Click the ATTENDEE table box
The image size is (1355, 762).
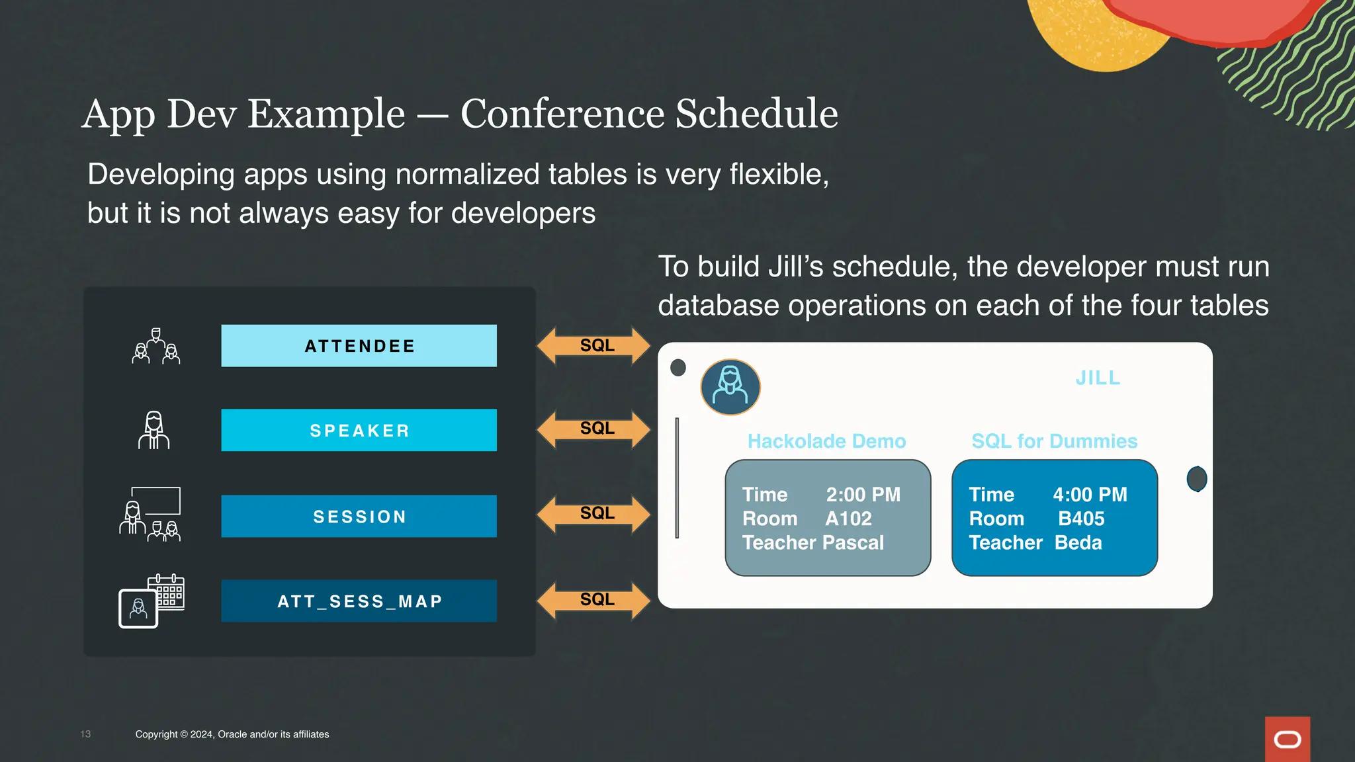pos(359,346)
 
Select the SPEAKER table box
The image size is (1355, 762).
pos(359,431)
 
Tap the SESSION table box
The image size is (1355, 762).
pos(359,517)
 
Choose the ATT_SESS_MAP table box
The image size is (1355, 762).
pos(359,601)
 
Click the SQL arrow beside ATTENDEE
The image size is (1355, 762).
pos(594,345)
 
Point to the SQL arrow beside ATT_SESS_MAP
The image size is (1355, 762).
pos(594,600)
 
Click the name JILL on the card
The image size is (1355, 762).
pos(1098,378)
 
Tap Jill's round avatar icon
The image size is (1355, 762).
pos(730,387)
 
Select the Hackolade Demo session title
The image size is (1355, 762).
pos(826,441)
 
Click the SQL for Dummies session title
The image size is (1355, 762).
pos(1054,441)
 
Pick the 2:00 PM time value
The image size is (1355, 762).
pos(863,495)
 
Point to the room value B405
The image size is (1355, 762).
pos(1081,519)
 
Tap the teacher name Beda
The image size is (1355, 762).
pos(1078,543)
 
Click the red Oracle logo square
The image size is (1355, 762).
pos(1287,739)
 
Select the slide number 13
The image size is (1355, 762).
pos(85,734)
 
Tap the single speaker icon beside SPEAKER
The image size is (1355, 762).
pos(153,431)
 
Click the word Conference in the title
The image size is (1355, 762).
pos(562,113)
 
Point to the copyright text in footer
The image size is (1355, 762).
pos(232,734)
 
